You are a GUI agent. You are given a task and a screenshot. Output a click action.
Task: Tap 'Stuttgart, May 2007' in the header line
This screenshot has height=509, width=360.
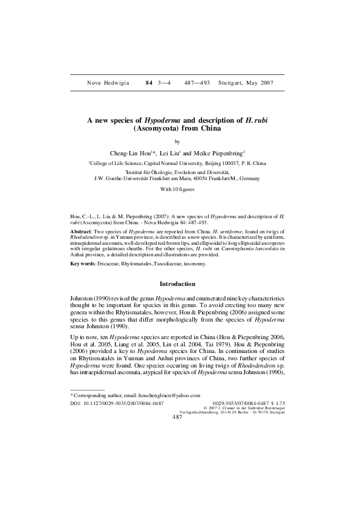[x=246, y=82]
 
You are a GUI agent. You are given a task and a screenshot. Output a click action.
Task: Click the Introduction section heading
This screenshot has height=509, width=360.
[x=177, y=284]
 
